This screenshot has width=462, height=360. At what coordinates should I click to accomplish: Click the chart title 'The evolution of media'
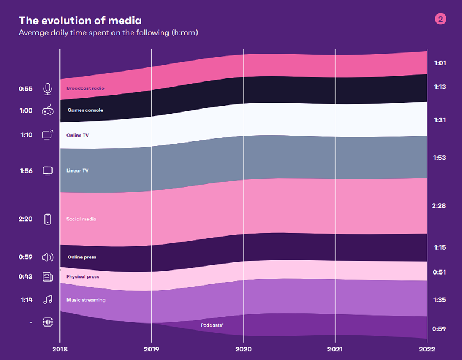coord(80,21)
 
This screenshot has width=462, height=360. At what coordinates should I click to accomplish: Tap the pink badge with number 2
coord(441,20)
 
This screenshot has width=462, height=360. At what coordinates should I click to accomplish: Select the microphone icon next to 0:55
coord(48,89)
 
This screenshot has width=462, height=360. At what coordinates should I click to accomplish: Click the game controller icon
coord(48,110)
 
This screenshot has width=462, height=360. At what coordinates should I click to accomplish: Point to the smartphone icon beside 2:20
coord(48,219)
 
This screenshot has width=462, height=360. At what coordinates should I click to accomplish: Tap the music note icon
coord(48,299)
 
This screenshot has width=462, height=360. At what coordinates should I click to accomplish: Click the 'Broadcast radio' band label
coord(85,89)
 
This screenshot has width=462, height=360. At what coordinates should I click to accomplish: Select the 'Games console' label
coord(85,110)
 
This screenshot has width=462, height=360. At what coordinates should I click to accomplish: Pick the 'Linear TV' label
coord(77,171)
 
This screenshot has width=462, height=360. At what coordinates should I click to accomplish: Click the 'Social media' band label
coord(81,219)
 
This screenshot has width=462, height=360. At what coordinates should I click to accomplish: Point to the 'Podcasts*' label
coord(212,325)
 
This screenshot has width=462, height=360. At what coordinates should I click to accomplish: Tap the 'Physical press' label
coord(83,277)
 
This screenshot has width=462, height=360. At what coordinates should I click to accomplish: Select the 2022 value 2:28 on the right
coord(439,206)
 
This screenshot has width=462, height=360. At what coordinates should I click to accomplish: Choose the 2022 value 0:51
coord(439,272)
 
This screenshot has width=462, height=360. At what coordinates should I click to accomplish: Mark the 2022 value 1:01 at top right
coord(439,63)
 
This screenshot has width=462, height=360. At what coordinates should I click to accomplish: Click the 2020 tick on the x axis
coord(244,349)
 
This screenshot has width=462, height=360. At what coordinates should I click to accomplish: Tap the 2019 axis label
coord(151,349)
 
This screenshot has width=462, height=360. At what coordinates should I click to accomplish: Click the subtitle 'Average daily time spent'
coord(108,33)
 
